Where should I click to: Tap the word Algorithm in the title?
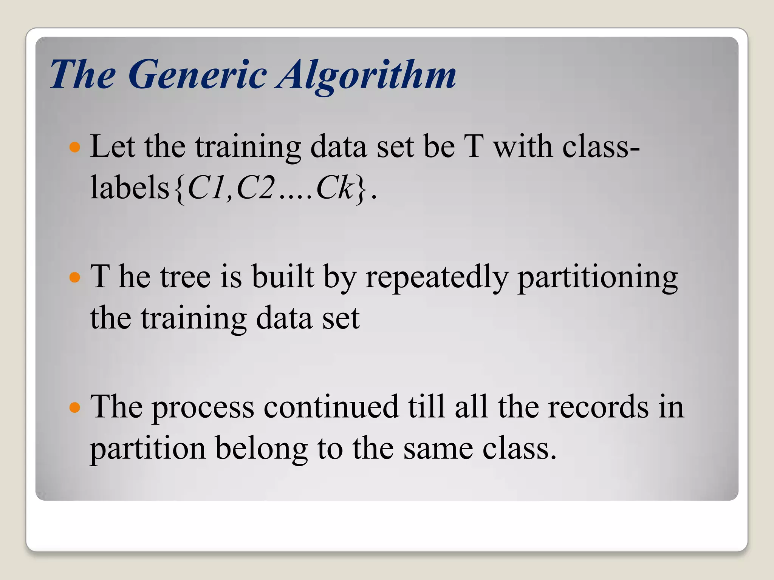tap(366, 75)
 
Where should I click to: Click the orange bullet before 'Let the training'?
tap(75, 147)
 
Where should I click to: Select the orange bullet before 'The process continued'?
tap(75, 408)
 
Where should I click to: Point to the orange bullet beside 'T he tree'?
tap(75, 278)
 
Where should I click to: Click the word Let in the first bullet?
tap(112, 147)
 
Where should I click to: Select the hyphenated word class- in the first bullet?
tap(601, 147)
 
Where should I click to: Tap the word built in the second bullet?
tap(283, 277)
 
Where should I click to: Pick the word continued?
tap(331, 407)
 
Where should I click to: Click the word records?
tap(598, 407)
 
